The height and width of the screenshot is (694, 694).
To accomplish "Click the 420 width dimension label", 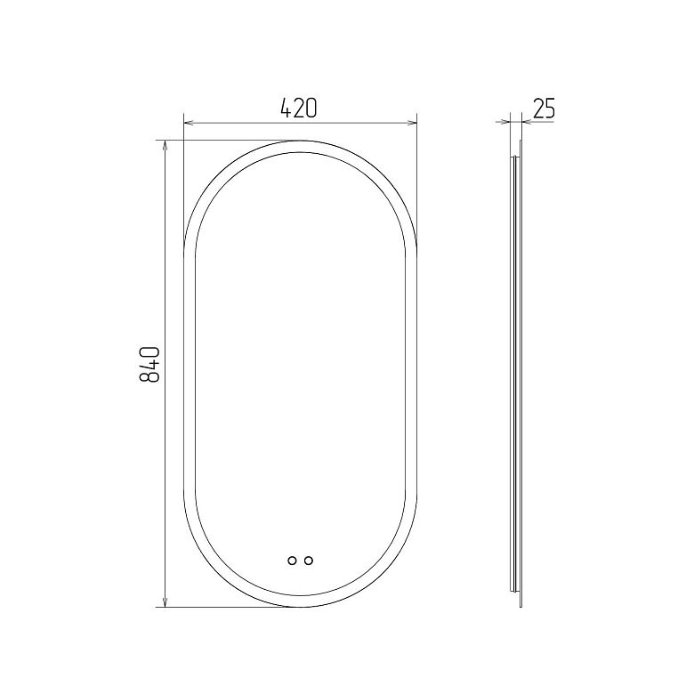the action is tap(299, 109).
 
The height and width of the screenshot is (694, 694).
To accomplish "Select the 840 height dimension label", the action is tap(149, 364).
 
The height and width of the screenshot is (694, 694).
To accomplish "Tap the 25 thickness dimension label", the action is tap(544, 109).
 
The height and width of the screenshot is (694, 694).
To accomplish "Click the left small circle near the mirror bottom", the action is tap(292, 561).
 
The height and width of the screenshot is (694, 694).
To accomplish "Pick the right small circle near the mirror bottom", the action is tap(309, 561).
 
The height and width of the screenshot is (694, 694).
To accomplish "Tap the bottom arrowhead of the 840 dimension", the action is tap(165, 601).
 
